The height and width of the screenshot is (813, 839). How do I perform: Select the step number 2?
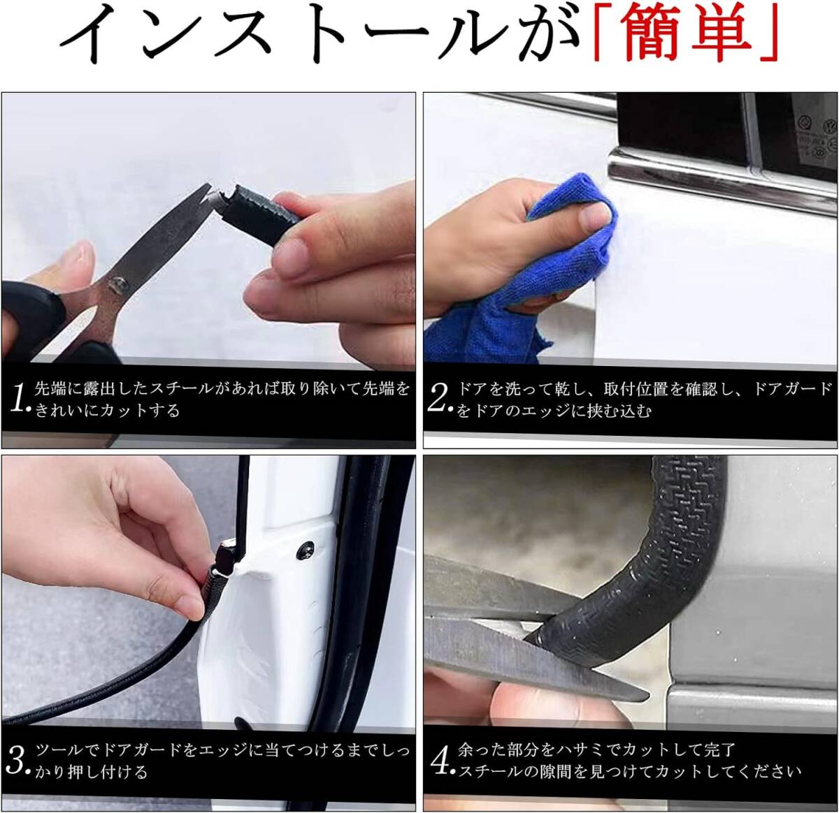pyautogui.click(x=438, y=398)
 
